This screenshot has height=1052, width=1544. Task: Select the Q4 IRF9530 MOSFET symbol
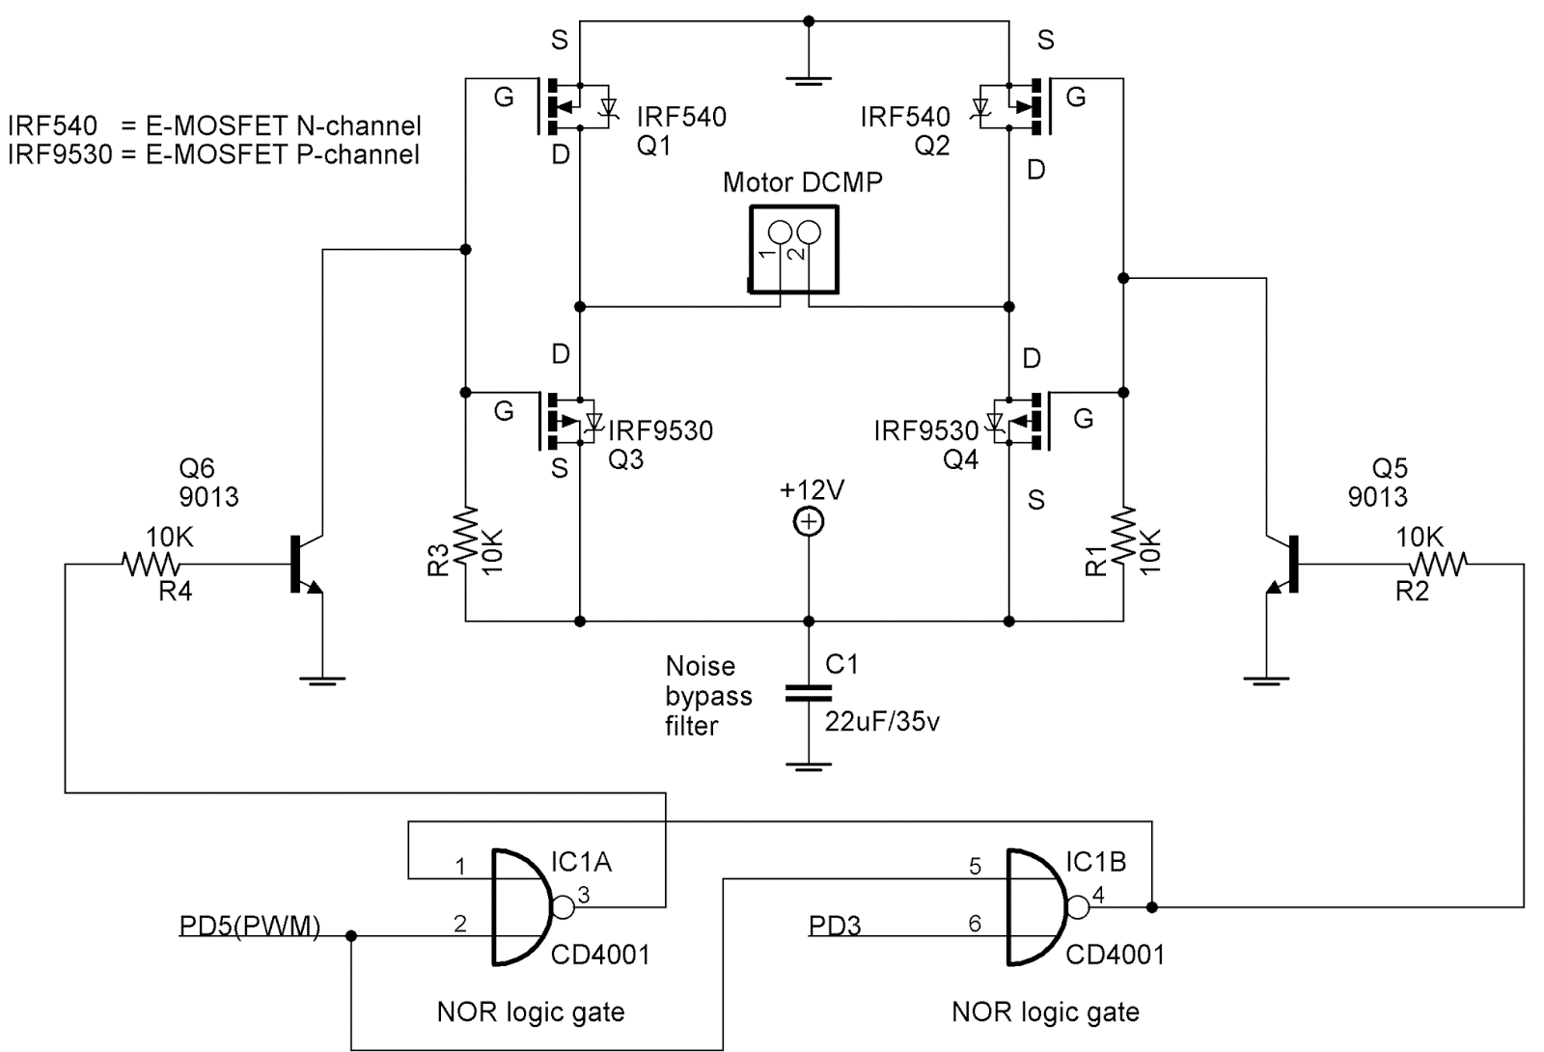pyautogui.click(x=1018, y=421)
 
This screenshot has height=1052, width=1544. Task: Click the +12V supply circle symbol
pyautogui.click(x=808, y=522)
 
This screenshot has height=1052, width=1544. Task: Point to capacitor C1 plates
pyautogui.click(x=808, y=693)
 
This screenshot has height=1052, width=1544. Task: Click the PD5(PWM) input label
pyautogui.click(x=249, y=926)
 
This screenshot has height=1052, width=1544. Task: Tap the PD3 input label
pyautogui.click(x=835, y=926)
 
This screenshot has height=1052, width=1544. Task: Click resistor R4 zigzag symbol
pyautogui.click(x=151, y=564)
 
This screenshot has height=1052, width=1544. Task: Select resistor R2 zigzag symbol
pyautogui.click(x=1439, y=563)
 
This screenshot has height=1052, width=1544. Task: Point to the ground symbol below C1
pyautogui.click(x=808, y=767)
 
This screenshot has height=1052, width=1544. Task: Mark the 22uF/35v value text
pyautogui.click(x=882, y=721)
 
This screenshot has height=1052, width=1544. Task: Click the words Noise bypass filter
pyautogui.click(x=707, y=696)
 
